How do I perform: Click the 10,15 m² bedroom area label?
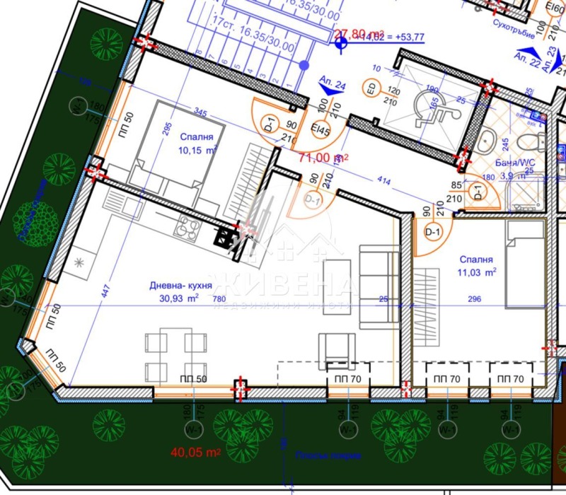[x=196, y=150]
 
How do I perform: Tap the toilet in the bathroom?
[x=485, y=140]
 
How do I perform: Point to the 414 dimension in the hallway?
[x=385, y=182]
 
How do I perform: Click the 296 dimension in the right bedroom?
[x=474, y=299]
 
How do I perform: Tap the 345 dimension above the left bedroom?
[x=200, y=113]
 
